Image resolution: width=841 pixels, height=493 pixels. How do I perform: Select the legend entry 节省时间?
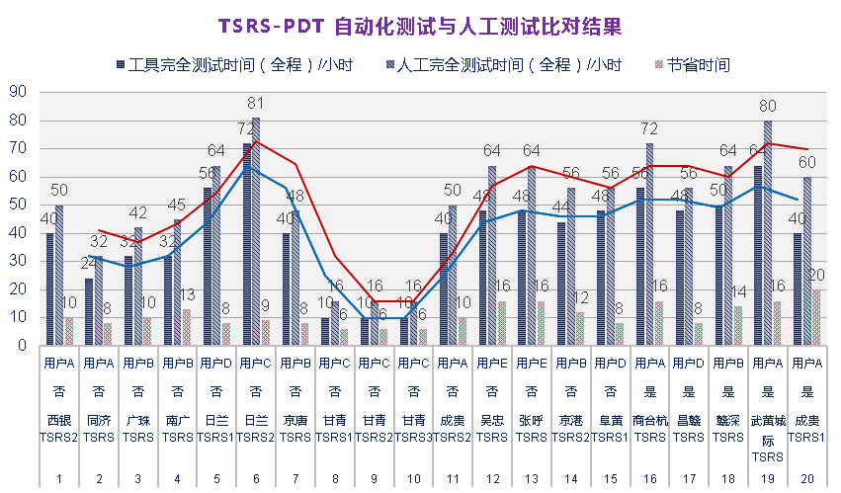(698, 65)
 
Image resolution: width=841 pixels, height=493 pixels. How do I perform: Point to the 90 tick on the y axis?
(17, 93)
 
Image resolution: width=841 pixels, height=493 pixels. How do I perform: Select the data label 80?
(768, 107)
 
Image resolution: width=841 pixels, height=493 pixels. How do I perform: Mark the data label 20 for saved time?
(816, 275)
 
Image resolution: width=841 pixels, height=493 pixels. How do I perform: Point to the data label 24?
(89, 264)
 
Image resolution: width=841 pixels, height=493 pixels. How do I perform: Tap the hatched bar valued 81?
(256, 232)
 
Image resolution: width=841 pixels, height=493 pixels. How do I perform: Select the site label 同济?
(98, 419)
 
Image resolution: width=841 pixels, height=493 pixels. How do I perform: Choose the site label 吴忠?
(493, 419)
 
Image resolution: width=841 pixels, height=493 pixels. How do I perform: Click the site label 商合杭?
(650, 419)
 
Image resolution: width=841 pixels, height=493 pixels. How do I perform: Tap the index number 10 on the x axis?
(414, 479)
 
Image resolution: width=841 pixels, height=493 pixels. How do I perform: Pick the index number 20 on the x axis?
(807, 479)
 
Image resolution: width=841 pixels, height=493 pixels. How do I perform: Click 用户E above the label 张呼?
(532, 363)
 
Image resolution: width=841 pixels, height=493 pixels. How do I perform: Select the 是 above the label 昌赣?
(689, 390)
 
